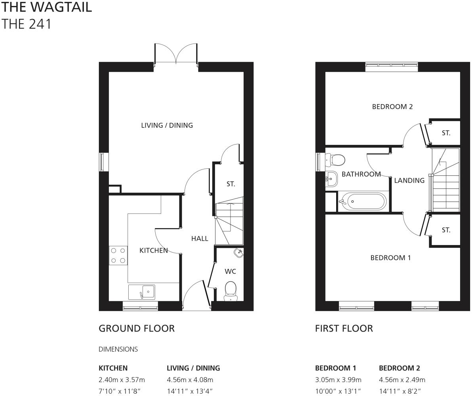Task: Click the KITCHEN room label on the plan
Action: (153, 250)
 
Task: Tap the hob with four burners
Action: (118, 255)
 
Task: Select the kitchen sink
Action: (142, 292)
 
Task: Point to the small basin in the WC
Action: (238, 253)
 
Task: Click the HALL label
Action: (200, 238)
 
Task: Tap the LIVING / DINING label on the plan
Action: (167, 125)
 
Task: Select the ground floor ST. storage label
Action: (231, 184)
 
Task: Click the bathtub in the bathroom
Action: (362, 202)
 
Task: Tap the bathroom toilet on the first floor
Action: (335, 160)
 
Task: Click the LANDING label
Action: (409, 180)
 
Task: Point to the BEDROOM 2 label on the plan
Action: (392, 107)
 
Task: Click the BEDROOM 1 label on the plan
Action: (390, 258)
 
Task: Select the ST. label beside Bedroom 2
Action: (446, 133)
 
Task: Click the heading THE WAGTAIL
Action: (47, 7)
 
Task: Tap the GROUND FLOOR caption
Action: (136, 328)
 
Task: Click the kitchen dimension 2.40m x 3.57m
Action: (122, 380)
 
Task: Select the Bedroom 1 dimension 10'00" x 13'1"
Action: (338, 391)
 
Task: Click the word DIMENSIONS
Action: (118, 349)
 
